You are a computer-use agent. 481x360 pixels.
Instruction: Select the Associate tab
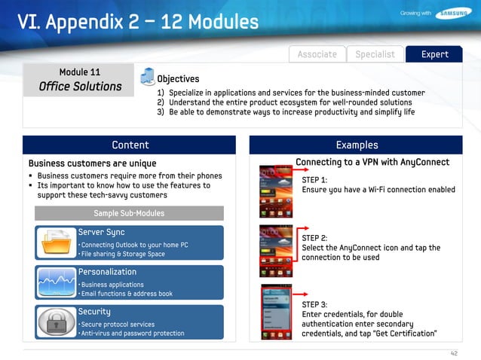tap(317, 54)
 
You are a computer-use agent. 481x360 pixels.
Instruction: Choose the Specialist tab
tap(375, 54)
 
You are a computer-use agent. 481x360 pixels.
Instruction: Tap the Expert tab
tap(435, 54)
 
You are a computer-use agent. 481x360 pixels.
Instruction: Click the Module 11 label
tap(80, 72)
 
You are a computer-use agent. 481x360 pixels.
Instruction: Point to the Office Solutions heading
tap(80, 87)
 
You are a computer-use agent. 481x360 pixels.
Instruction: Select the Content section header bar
tap(130, 145)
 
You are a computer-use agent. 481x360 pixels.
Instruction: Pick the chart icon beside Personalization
tap(57, 282)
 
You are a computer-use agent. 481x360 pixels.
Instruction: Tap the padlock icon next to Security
tap(57, 322)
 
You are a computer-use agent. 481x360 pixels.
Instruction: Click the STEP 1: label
tap(314, 180)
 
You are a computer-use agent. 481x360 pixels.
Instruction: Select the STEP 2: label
tap(314, 238)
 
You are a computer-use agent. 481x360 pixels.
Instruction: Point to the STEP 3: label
tap(314, 304)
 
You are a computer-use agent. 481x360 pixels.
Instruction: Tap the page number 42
tap(454, 352)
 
